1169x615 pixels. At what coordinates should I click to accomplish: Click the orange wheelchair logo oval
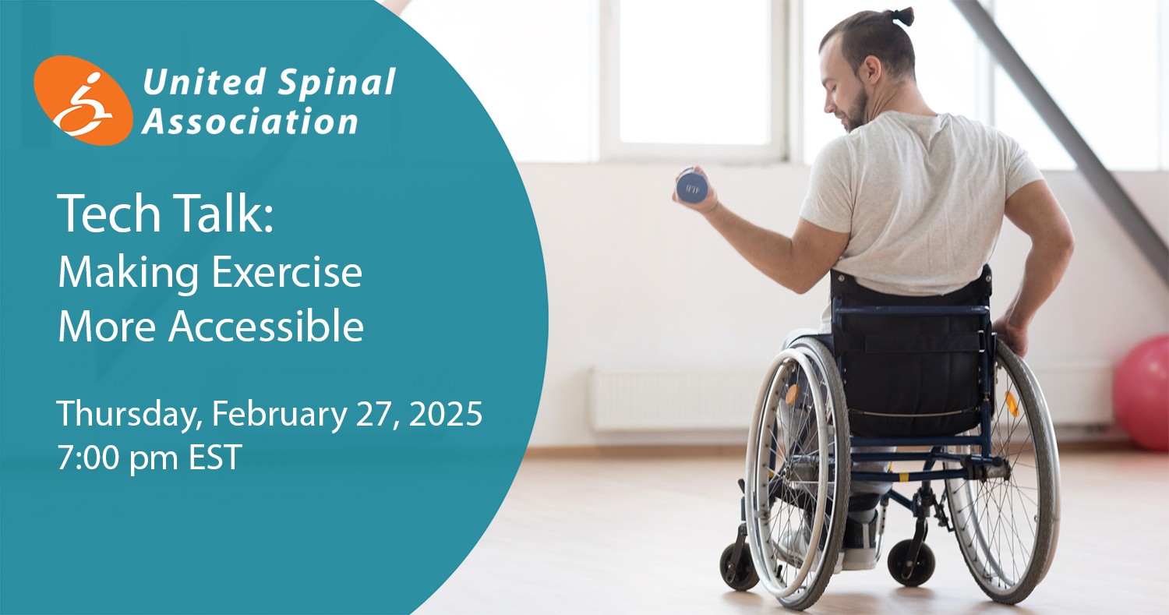point(83,101)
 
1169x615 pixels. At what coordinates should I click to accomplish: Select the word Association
point(250,122)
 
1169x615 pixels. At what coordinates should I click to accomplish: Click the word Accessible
point(267,326)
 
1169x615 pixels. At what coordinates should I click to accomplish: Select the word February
point(280,415)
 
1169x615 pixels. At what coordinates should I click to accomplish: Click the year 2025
point(446,415)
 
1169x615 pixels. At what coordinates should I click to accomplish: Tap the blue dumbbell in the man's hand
point(692,186)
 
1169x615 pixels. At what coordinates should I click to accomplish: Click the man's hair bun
point(902,16)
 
